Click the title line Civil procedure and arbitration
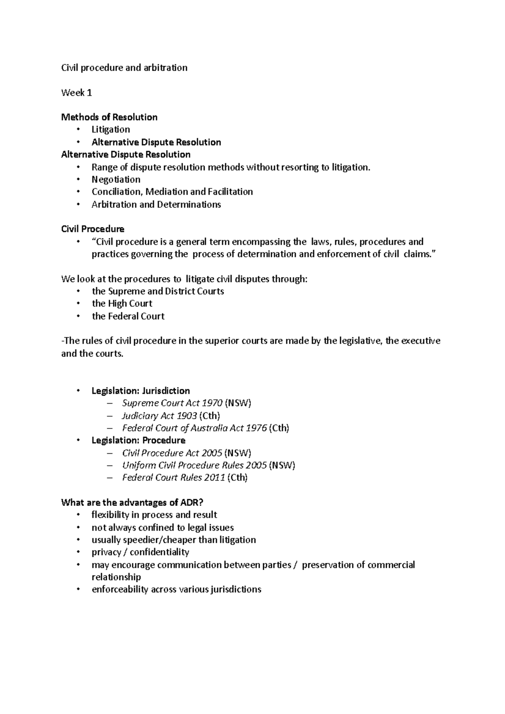pyautogui.click(x=124, y=68)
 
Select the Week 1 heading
pyautogui.click(x=76, y=93)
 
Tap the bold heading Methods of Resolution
pyautogui.click(x=109, y=117)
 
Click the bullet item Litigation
pyautogui.click(x=111, y=130)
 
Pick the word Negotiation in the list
pyautogui.click(x=116, y=180)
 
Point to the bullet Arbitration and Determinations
pyautogui.click(x=156, y=205)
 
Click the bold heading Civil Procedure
pyautogui.click(x=93, y=229)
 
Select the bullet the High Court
pyautogui.click(x=122, y=304)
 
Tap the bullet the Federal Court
pyautogui.click(x=128, y=316)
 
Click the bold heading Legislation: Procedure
pyautogui.click(x=138, y=441)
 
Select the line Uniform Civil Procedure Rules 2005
pyautogui.click(x=194, y=465)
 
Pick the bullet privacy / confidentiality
pyautogui.click(x=140, y=552)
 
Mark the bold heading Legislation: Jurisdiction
pyautogui.click(x=141, y=391)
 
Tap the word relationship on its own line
pyautogui.click(x=116, y=577)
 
